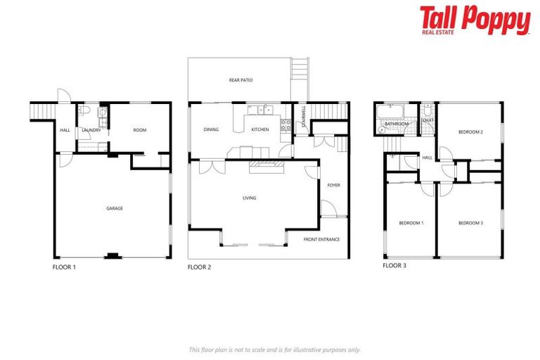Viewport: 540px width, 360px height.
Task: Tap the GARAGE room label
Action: pos(115,209)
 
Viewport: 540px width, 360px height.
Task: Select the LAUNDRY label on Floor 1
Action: pos(92,130)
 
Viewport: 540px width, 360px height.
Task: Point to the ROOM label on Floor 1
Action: pos(139,129)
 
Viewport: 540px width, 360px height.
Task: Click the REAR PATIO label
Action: pos(240,80)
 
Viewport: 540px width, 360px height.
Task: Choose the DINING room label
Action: pos(211,129)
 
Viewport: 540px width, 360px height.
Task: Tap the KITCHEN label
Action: pos(260,129)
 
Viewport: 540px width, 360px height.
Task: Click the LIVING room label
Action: pos(249,198)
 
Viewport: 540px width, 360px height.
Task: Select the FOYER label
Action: pos(333,185)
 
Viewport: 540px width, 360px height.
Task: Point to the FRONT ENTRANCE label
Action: pos(321,240)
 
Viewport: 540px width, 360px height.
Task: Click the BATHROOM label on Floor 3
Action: pos(396,124)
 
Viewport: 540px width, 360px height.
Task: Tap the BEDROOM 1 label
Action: pos(411,223)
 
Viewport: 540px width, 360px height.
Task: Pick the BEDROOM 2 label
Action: pos(470,131)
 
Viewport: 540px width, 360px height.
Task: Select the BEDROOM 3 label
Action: pos(470,223)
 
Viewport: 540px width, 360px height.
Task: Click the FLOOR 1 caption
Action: pos(64,267)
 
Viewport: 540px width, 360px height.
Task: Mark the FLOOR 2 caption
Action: pos(199,267)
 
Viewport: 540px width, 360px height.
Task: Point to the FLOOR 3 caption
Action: pos(394,266)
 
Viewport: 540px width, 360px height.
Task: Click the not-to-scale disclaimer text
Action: pos(274,349)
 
